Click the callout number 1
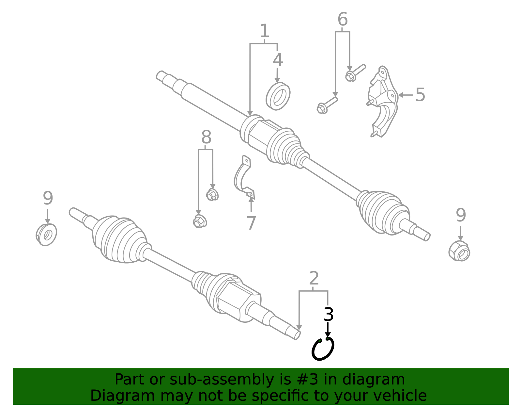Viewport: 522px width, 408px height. pyautogui.click(x=265, y=31)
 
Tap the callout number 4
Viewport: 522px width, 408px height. pyautogui.click(x=278, y=60)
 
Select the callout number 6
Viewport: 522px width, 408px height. pyautogui.click(x=342, y=20)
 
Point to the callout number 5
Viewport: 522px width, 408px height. pyautogui.click(x=420, y=95)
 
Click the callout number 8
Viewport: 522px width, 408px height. pyautogui.click(x=206, y=138)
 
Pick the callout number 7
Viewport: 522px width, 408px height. pyautogui.click(x=251, y=223)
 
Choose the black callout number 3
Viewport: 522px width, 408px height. pyautogui.click(x=329, y=314)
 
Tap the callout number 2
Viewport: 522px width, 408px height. pyautogui.click(x=314, y=278)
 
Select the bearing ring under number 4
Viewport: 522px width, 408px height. pyautogui.click(x=278, y=96)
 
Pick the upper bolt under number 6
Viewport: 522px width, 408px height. pyautogui.click(x=355, y=73)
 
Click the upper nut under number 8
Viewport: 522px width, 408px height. pyautogui.click(x=212, y=195)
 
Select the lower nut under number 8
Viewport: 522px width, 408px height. pyautogui.click(x=200, y=221)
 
